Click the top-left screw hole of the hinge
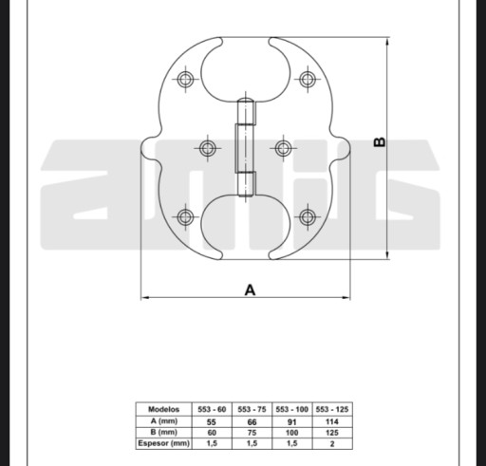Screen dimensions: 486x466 (x=185, y=79)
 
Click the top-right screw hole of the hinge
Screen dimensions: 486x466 (x=307, y=79)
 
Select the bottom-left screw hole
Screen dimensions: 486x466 (x=185, y=217)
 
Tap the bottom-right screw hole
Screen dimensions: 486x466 (x=307, y=217)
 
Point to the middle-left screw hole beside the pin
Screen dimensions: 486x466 (x=208, y=148)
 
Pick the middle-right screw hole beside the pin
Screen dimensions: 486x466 (x=283, y=148)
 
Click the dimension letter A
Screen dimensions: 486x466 (x=250, y=289)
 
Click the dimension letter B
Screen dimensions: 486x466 (x=380, y=142)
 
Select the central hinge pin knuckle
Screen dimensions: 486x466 (x=245, y=148)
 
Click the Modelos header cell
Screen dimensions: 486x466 (x=163, y=409)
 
